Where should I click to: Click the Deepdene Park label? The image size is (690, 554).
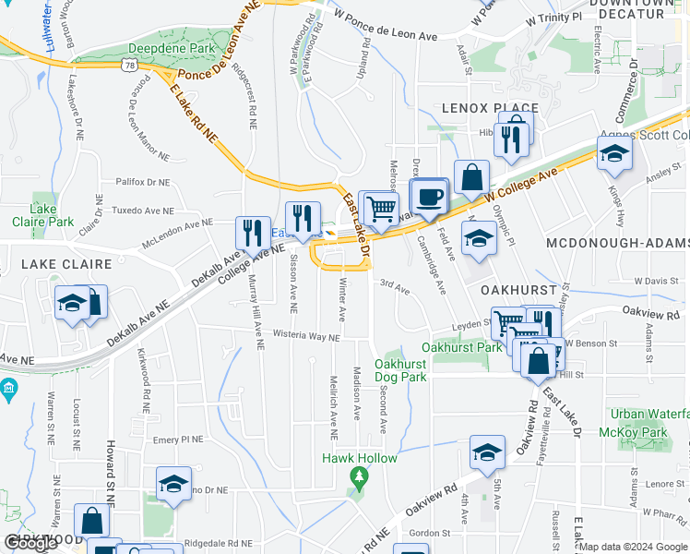point(172,47)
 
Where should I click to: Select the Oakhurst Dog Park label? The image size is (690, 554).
point(400,370)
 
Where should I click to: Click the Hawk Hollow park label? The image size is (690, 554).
point(360,458)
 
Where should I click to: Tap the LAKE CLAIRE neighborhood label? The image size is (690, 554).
point(55,264)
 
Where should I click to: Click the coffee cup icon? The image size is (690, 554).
point(428,197)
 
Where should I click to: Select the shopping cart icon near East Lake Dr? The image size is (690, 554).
point(381,209)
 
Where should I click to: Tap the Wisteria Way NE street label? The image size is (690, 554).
point(305,337)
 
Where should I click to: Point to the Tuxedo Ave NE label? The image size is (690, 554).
point(141,209)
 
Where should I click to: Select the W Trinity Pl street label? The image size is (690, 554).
point(553,18)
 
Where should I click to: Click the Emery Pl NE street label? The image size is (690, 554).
point(177,440)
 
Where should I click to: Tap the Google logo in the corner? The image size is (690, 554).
point(30,543)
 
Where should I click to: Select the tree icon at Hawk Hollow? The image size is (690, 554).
point(359,477)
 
